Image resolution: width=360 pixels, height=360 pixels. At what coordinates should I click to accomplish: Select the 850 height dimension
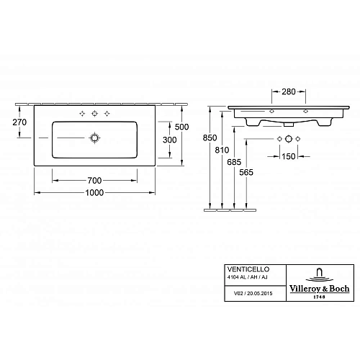pos(208,137)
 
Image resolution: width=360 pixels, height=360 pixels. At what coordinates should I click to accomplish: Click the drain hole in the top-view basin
pos(94,138)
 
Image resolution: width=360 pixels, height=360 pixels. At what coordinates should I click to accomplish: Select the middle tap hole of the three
pos(94,114)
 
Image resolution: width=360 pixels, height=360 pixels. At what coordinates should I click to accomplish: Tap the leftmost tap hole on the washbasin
pos(81,114)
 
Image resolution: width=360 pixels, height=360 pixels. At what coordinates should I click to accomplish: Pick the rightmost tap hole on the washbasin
pos(107,114)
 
